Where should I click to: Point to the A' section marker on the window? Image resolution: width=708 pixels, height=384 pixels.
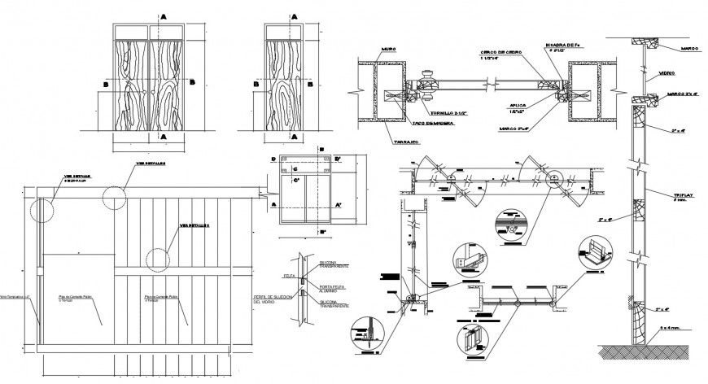coord(337,205)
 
